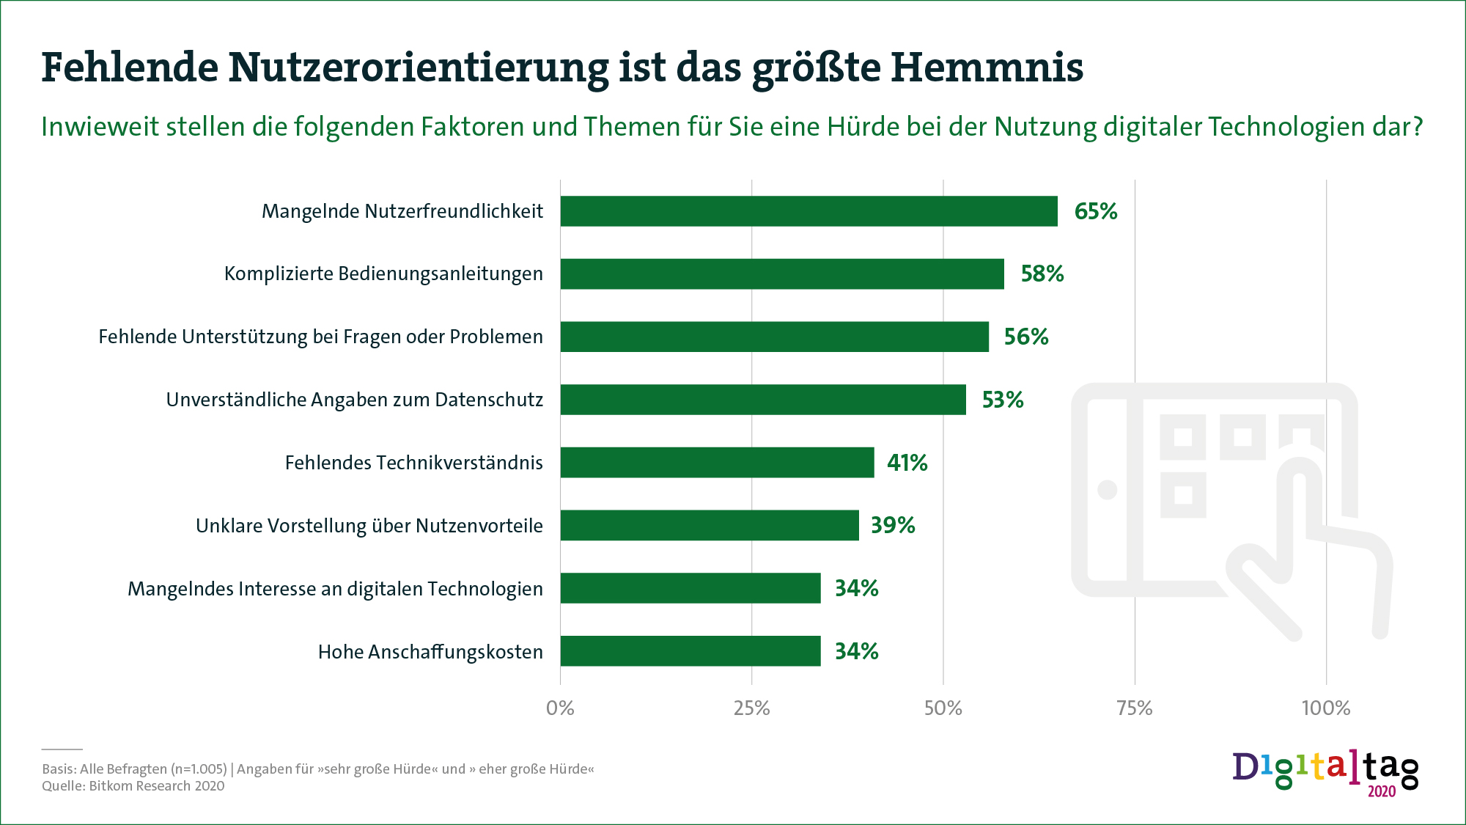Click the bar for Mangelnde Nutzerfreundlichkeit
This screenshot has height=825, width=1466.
point(808,211)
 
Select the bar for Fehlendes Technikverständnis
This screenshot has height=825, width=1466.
point(717,463)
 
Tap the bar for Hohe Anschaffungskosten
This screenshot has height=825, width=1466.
point(690,651)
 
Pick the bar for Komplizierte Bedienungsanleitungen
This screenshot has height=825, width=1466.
point(781,274)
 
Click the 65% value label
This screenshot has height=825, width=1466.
point(1095,211)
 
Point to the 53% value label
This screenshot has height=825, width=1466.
point(1002,400)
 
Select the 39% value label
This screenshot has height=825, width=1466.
point(892,525)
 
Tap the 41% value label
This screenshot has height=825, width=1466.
point(907,463)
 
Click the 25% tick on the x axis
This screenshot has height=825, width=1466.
point(751,708)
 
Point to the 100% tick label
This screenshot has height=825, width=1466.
point(1325,708)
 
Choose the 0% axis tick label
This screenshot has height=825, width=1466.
point(560,708)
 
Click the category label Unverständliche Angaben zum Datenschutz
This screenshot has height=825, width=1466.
point(354,400)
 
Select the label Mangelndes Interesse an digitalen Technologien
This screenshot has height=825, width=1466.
point(335,589)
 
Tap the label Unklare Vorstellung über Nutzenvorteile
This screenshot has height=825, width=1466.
point(369,526)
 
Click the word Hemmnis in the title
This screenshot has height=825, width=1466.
point(987,67)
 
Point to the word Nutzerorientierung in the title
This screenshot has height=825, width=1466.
point(418,67)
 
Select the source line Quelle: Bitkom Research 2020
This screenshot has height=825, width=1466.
point(133,786)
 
